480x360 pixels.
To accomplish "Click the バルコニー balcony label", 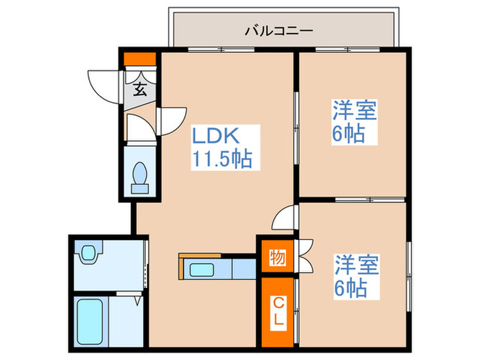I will (279, 31).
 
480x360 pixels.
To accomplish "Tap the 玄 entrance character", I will (139, 88).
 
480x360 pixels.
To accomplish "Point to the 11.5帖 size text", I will (221, 160).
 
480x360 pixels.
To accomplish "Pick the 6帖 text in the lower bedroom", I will (351, 287).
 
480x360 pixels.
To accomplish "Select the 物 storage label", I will (278, 259).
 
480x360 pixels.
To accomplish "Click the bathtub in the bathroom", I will (89, 322).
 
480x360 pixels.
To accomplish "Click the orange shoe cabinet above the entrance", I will (139, 58).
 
